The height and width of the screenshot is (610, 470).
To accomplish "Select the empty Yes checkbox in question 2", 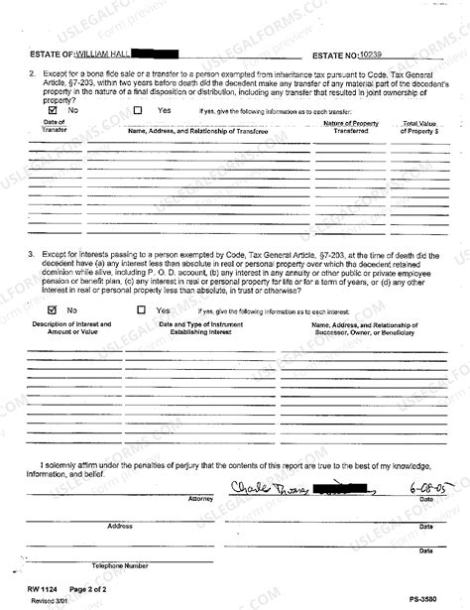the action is (x=139, y=111).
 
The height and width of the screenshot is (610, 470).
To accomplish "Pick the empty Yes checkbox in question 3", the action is (x=139, y=310).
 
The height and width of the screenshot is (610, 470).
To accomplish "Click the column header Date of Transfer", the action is (x=50, y=126).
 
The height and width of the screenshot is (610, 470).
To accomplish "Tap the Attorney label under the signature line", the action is (x=200, y=501).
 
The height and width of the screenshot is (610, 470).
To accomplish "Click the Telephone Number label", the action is (x=121, y=564).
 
